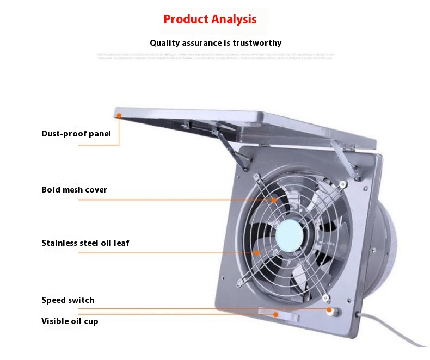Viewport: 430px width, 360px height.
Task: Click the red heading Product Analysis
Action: coord(210,20)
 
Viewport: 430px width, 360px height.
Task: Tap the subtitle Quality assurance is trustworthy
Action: coord(216,43)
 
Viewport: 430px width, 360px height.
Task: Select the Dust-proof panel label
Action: coord(76,134)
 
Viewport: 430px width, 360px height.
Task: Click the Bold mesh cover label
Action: coord(74,190)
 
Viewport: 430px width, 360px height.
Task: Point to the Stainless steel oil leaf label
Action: coord(85,243)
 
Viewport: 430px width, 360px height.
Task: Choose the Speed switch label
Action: coord(67,300)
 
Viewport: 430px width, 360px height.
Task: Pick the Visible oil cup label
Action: coord(70,321)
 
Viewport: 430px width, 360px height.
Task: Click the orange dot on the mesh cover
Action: coord(274,200)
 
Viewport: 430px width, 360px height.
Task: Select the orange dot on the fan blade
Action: coord(257,252)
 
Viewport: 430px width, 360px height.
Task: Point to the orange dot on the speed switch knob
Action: coord(329,309)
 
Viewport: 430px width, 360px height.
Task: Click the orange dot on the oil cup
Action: coord(276,314)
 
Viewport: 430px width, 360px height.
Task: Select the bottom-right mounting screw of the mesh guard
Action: coord(326,297)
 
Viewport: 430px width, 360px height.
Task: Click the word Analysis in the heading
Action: coord(234,20)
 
